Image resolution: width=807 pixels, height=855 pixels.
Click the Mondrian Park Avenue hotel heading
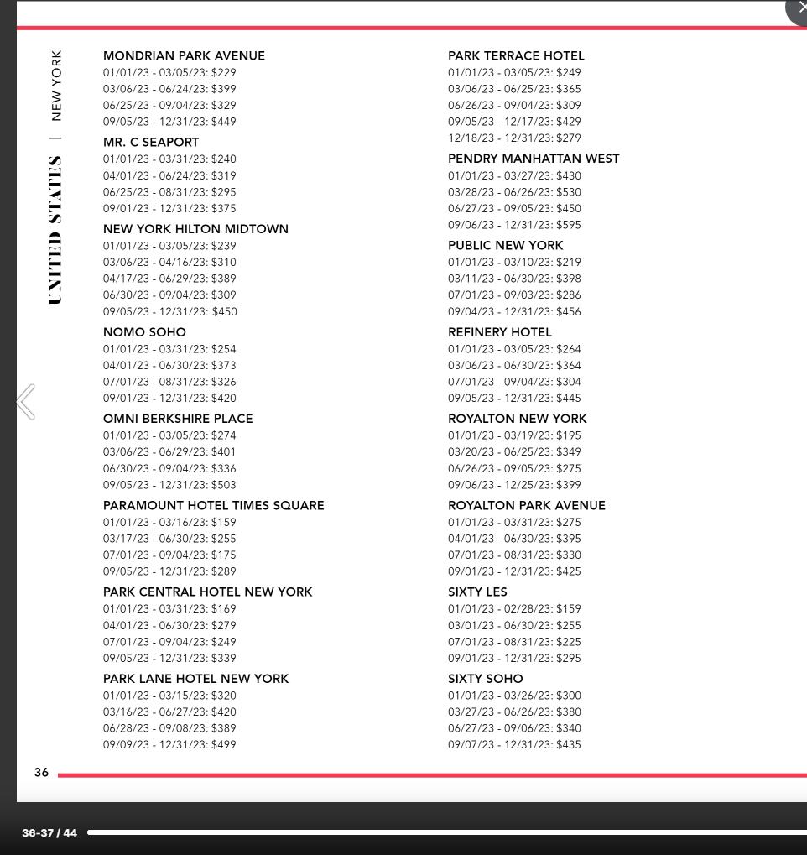(184, 56)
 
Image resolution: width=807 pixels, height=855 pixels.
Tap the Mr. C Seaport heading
(151, 143)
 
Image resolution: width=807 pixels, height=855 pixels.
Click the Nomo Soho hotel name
(144, 332)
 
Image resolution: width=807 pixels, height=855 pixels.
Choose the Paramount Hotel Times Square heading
(213, 506)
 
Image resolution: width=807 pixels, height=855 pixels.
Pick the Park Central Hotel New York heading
(207, 592)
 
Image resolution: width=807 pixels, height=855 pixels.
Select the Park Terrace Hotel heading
(516, 56)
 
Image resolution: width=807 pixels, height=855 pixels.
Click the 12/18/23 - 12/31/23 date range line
(500, 138)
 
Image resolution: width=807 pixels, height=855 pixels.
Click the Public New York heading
(505, 246)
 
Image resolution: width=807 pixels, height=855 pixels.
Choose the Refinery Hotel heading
(499, 332)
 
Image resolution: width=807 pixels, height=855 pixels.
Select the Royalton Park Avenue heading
(526, 506)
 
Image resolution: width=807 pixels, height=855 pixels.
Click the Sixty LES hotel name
(477, 592)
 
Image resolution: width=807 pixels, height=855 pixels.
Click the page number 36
(41, 773)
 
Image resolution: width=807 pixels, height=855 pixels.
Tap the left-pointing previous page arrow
(26, 402)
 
